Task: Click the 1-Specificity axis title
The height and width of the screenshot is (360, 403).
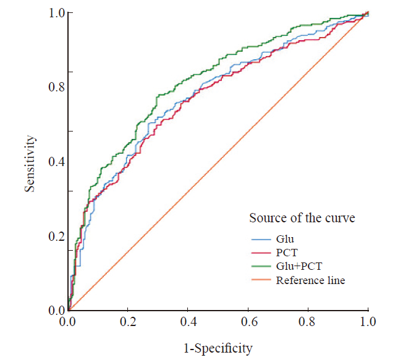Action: tap(218, 348)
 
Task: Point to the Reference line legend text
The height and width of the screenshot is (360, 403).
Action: tap(310, 280)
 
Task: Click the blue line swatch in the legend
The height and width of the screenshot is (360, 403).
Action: tap(261, 238)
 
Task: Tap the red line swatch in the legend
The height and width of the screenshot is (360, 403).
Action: tap(261, 252)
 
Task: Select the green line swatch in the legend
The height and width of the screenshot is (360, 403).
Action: tap(261, 266)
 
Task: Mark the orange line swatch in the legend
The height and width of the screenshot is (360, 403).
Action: tap(261, 281)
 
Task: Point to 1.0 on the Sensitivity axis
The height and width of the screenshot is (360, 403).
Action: tap(57, 13)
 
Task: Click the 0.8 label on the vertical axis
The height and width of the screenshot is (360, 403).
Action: tap(57, 88)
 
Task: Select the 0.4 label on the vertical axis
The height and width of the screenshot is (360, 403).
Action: tap(57, 162)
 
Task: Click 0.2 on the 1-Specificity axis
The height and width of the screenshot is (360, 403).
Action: tap(128, 322)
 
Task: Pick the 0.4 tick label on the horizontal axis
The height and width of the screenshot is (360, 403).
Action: tap(188, 322)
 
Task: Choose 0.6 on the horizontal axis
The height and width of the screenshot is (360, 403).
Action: tap(248, 322)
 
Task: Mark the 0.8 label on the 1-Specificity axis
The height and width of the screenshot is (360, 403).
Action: tap(308, 322)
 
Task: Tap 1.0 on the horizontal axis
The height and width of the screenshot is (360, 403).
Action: tap(368, 322)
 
